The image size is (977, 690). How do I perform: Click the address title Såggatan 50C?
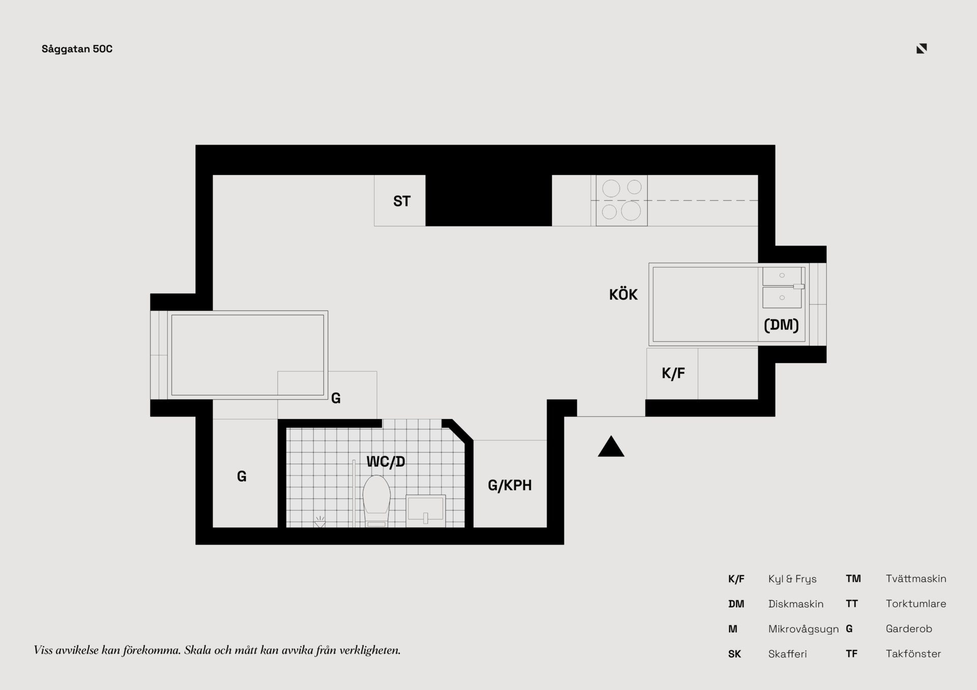click(77, 49)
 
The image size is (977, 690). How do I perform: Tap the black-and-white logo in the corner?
click(922, 48)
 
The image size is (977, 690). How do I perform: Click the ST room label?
click(401, 201)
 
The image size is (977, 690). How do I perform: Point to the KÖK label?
click(623, 294)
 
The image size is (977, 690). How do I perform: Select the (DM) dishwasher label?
click(781, 324)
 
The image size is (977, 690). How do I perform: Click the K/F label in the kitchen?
click(673, 373)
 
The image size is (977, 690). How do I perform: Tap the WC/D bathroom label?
click(386, 462)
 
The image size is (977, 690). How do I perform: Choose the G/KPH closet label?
click(509, 485)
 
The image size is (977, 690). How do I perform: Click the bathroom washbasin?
click(425, 511)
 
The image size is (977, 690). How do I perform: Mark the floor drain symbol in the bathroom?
click(320, 522)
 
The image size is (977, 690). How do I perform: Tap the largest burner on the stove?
click(631, 211)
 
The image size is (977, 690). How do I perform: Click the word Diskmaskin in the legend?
click(796, 604)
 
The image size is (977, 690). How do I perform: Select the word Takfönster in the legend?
click(913, 654)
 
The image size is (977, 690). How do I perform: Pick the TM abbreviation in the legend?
click(853, 579)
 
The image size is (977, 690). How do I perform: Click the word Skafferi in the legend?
click(788, 654)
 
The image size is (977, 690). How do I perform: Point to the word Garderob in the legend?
click(909, 629)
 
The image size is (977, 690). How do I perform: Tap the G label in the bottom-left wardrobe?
click(242, 476)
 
